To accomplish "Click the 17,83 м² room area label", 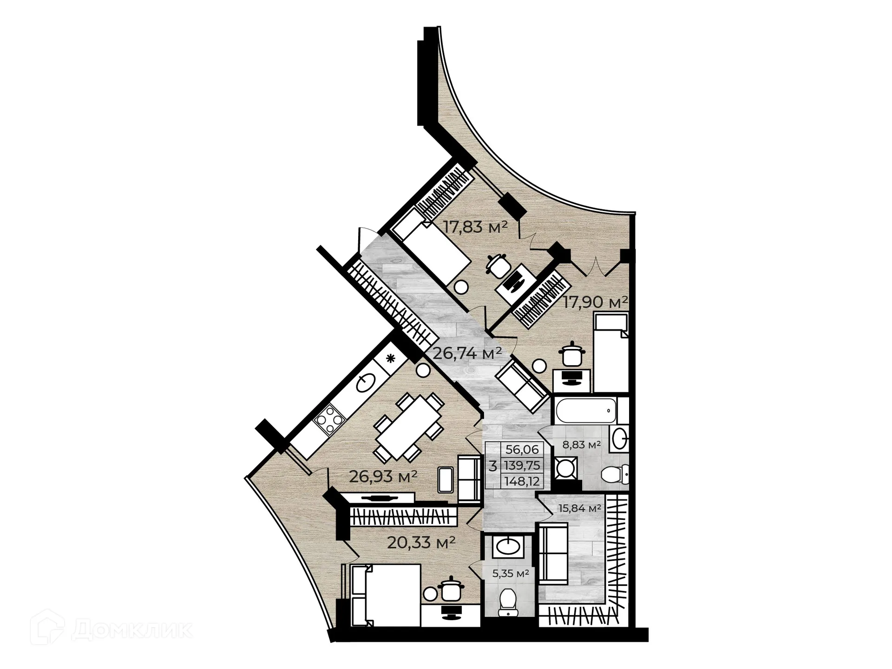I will click(x=474, y=228).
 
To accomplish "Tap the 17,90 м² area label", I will click(x=596, y=302).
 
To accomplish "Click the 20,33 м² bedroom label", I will click(x=421, y=542).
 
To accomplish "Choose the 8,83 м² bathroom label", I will click(x=582, y=445).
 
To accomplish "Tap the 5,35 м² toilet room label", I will click(x=511, y=574).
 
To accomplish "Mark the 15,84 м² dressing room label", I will click(x=580, y=508).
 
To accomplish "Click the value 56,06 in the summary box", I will click(x=522, y=449).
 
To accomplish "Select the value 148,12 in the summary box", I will click(x=522, y=482).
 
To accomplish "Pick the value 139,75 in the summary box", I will click(x=522, y=466).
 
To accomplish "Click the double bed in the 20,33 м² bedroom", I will click(x=387, y=595).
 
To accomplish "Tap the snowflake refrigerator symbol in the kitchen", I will click(x=391, y=358).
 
